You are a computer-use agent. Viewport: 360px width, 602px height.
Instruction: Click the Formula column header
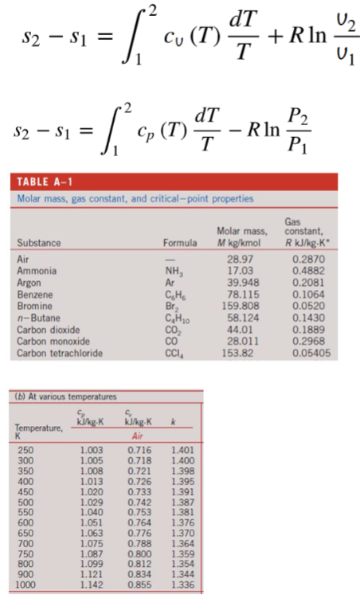180,241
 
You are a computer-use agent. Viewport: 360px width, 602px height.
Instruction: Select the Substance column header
39,241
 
